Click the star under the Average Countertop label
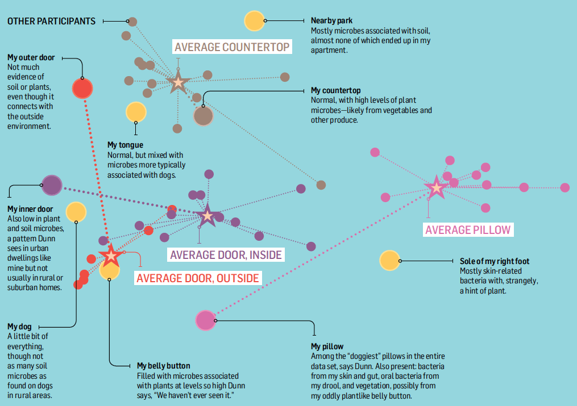(x=178, y=82)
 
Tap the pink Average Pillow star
(x=436, y=187)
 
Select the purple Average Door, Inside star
(x=207, y=216)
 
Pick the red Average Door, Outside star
(x=111, y=255)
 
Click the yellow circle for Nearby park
(x=254, y=20)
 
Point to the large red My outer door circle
(x=82, y=88)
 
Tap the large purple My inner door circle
(x=52, y=185)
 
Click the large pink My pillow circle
(x=205, y=320)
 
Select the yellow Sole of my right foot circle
(x=389, y=260)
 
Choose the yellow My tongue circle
(x=136, y=112)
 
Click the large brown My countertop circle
(x=203, y=116)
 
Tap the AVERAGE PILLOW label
(x=468, y=230)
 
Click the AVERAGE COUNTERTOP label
(x=232, y=47)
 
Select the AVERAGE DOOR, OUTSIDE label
(x=198, y=278)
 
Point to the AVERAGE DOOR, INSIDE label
(x=226, y=255)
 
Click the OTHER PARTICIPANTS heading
(x=51, y=21)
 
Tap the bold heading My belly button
(x=164, y=366)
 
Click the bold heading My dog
(x=19, y=327)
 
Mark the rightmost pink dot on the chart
(x=564, y=187)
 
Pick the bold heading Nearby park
(x=331, y=21)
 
